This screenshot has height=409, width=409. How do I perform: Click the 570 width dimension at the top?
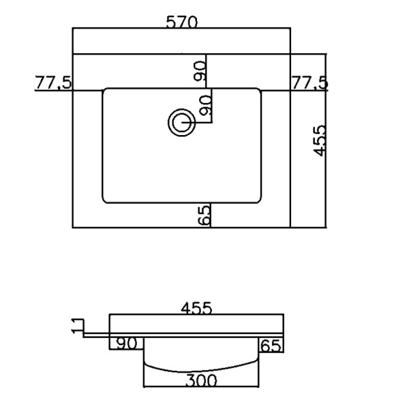182,22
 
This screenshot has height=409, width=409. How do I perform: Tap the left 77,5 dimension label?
53,82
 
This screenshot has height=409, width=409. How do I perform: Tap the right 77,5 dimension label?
309,83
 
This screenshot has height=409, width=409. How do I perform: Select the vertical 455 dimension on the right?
320,141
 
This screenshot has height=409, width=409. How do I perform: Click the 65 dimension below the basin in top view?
204,215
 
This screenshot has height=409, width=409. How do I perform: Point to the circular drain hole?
181,122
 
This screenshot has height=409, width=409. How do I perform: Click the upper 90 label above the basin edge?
200,71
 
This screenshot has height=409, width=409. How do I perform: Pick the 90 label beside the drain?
206,106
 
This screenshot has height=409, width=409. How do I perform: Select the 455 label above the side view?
196,308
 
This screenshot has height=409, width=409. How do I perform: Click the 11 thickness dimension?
78,326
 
